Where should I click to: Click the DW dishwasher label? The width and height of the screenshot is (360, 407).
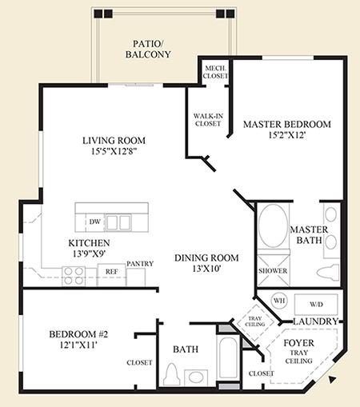click(x=95, y=221)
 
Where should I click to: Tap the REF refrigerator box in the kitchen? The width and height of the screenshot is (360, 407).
click(x=111, y=275)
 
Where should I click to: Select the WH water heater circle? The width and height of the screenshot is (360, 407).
click(x=279, y=301)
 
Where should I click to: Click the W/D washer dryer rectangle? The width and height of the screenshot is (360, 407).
click(x=316, y=305)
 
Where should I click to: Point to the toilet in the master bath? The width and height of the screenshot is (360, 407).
click(x=328, y=272)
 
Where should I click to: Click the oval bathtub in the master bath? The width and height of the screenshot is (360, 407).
click(x=273, y=225)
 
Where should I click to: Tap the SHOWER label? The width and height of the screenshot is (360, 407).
click(x=273, y=271)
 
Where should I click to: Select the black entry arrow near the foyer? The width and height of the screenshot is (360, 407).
click(x=332, y=380)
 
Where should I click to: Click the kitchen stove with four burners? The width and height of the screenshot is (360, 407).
click(x=74, y=276)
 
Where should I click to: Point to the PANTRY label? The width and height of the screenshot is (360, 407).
click(x=140, y=264)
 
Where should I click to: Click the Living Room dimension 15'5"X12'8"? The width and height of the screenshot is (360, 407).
click(x=114, y=151)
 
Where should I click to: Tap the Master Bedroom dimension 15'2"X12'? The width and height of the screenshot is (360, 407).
click(x=286, y=135)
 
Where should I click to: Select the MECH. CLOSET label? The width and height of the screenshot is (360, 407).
click(x=215, y=72)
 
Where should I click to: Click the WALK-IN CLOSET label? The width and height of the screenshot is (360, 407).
click(x=208, y=120)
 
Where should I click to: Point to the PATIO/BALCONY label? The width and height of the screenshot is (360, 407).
click(x=148, y=49)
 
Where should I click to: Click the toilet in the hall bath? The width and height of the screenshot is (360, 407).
click(x=171, y=374)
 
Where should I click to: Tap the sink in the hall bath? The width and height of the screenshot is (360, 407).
click(x=196, y=377)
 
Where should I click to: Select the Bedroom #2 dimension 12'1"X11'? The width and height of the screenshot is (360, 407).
click(x=78, y=345)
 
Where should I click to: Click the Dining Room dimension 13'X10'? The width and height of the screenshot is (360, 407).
click(x=206, y=269)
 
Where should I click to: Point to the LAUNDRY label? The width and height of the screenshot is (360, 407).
click(x=316, y=321)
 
